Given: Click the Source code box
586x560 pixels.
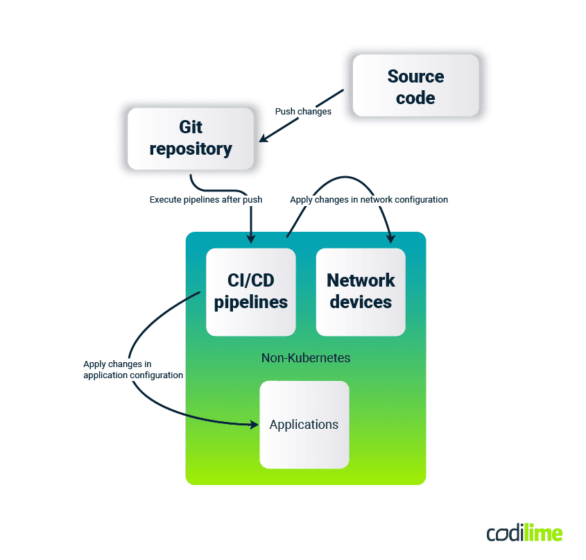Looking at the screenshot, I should [x=415, y=86].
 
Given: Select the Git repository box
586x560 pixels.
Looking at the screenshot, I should [x=191, y=137].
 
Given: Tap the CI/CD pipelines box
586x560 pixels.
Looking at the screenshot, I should [x=250, y=291].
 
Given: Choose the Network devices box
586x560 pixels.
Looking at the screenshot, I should [x=361, y=291].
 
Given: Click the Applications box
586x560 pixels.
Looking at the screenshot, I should [x=304, y=425].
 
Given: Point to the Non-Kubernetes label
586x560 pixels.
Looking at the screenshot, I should [x=305, y=358].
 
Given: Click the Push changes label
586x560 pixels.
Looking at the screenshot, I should [x=303, y=111].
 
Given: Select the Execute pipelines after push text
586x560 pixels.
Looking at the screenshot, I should [x=206, y=200].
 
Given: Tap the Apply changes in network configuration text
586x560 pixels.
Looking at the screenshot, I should [x=368, y=200].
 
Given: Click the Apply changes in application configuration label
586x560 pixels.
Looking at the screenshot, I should [x=132, y=369].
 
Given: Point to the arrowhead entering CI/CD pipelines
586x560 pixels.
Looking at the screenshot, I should [x=250, y=239].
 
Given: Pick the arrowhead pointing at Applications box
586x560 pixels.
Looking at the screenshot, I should [x=252, y=423].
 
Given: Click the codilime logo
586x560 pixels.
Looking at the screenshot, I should [x=524, y=533].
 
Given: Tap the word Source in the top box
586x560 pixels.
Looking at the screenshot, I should [x=415, y=76].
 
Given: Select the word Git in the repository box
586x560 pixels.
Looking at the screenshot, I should [x=191, y=127].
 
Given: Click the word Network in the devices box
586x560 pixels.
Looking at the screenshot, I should [x=361, y=280].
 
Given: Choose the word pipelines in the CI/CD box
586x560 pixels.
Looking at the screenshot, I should [x=250, y=303].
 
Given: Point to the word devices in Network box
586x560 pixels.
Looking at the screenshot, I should [x=361, y=303].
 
